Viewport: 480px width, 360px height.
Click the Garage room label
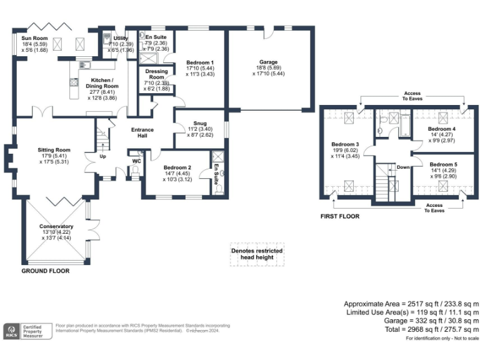coord(269,62)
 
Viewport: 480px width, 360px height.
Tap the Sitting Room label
coord(53,150)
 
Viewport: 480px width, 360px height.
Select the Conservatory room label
coord(56,226)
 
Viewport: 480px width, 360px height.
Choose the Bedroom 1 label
coord(200,62)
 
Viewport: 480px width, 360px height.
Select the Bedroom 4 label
coord(446,129)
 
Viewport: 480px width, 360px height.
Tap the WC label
coord(136,161)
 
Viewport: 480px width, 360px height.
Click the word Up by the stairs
coord(103,157)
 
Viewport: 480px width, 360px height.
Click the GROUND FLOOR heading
coord(46,271)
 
